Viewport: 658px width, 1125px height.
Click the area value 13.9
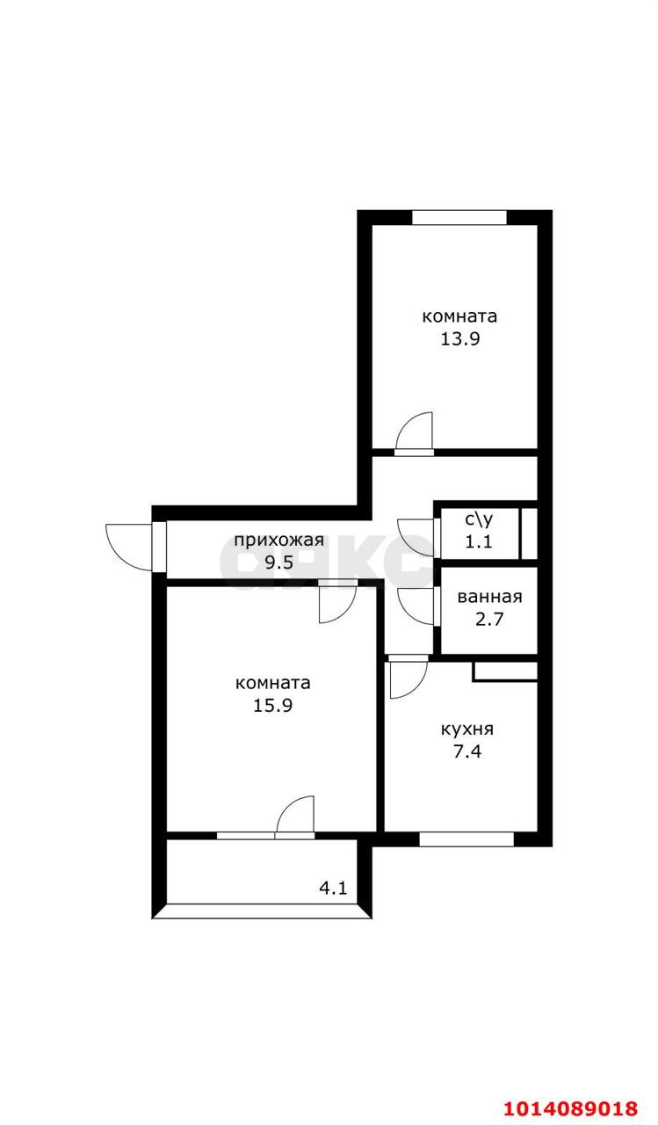(459, 339)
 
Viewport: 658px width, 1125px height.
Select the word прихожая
(278, 541)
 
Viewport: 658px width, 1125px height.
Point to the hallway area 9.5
(278, 563)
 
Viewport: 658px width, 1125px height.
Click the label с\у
(479, 519)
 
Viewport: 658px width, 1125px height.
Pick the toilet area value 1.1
(479, 541)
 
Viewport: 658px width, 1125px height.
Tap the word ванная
(489, 598)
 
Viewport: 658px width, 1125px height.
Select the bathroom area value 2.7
(489, 620)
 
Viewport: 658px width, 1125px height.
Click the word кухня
(466, 729)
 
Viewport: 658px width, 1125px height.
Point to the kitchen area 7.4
(466, 751)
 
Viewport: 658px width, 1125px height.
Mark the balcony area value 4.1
(333, 888)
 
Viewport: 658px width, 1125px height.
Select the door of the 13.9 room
(415, 434)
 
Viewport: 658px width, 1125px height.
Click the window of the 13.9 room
(459, 218)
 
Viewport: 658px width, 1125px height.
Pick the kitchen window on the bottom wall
(466, 838)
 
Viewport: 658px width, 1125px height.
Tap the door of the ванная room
(416, 606)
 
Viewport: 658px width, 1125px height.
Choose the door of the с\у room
(416, 537)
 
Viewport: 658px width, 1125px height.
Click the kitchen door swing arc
(407, 677)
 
